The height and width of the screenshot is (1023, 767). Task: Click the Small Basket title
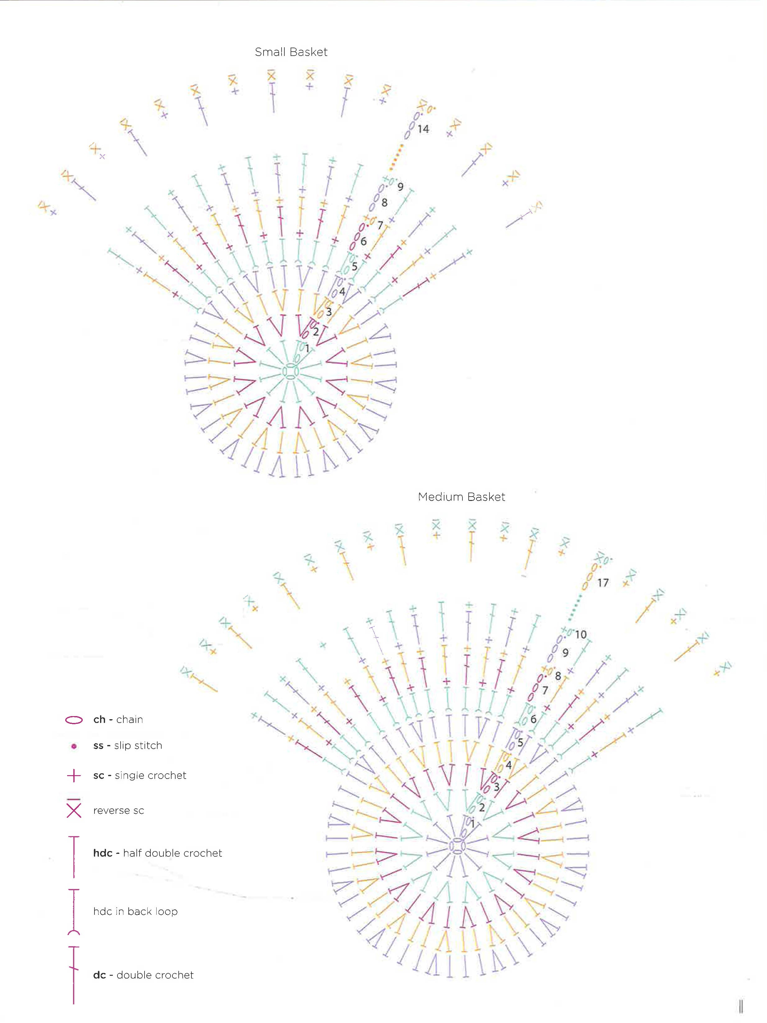click(x=291, y=52)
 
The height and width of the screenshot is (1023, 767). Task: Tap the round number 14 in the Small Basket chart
click(x=423, y=129)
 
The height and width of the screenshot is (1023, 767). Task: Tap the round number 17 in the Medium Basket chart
click(x=602, y=583)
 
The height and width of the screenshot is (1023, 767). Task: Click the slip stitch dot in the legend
click(x=74, y=746)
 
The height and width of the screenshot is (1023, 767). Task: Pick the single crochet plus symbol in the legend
click(x=74, y=775)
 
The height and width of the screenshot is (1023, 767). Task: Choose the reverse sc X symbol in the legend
click(x=74, y=809)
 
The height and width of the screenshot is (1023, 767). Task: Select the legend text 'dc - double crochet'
click(x=143, y=975)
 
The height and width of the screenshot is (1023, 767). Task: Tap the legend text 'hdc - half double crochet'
click(x=157, y=853)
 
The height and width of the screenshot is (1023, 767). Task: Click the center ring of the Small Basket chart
click(x=290, y=371)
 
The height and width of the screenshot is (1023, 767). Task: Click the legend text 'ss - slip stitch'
click(x=128, y=746)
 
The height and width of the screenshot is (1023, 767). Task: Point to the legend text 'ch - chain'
click(x=118, y=720)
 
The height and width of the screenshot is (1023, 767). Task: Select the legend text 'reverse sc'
click(x=118, y=810)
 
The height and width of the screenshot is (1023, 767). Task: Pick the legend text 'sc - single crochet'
click(x=140, y=775)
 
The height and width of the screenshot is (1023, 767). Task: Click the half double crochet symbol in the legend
click(x=74, y=857)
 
